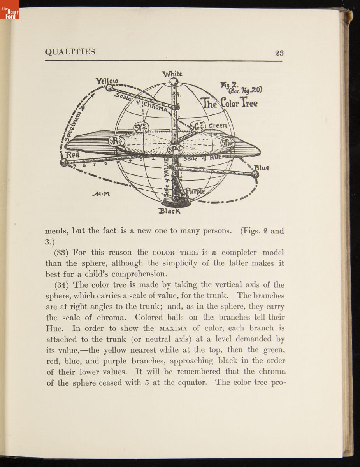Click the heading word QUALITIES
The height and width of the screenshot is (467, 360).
[x=70, y=52]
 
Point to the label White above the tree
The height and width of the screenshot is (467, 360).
[x=172, y=74]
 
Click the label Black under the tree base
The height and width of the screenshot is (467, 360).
[x=169, y=211]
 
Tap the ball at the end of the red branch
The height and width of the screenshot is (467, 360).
[x=63, y=163]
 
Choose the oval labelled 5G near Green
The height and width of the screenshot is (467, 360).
[x=198, y=126]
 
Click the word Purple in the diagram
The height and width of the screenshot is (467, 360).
[x=195, y=191]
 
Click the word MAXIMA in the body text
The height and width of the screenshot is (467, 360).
[x=173, y=328]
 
